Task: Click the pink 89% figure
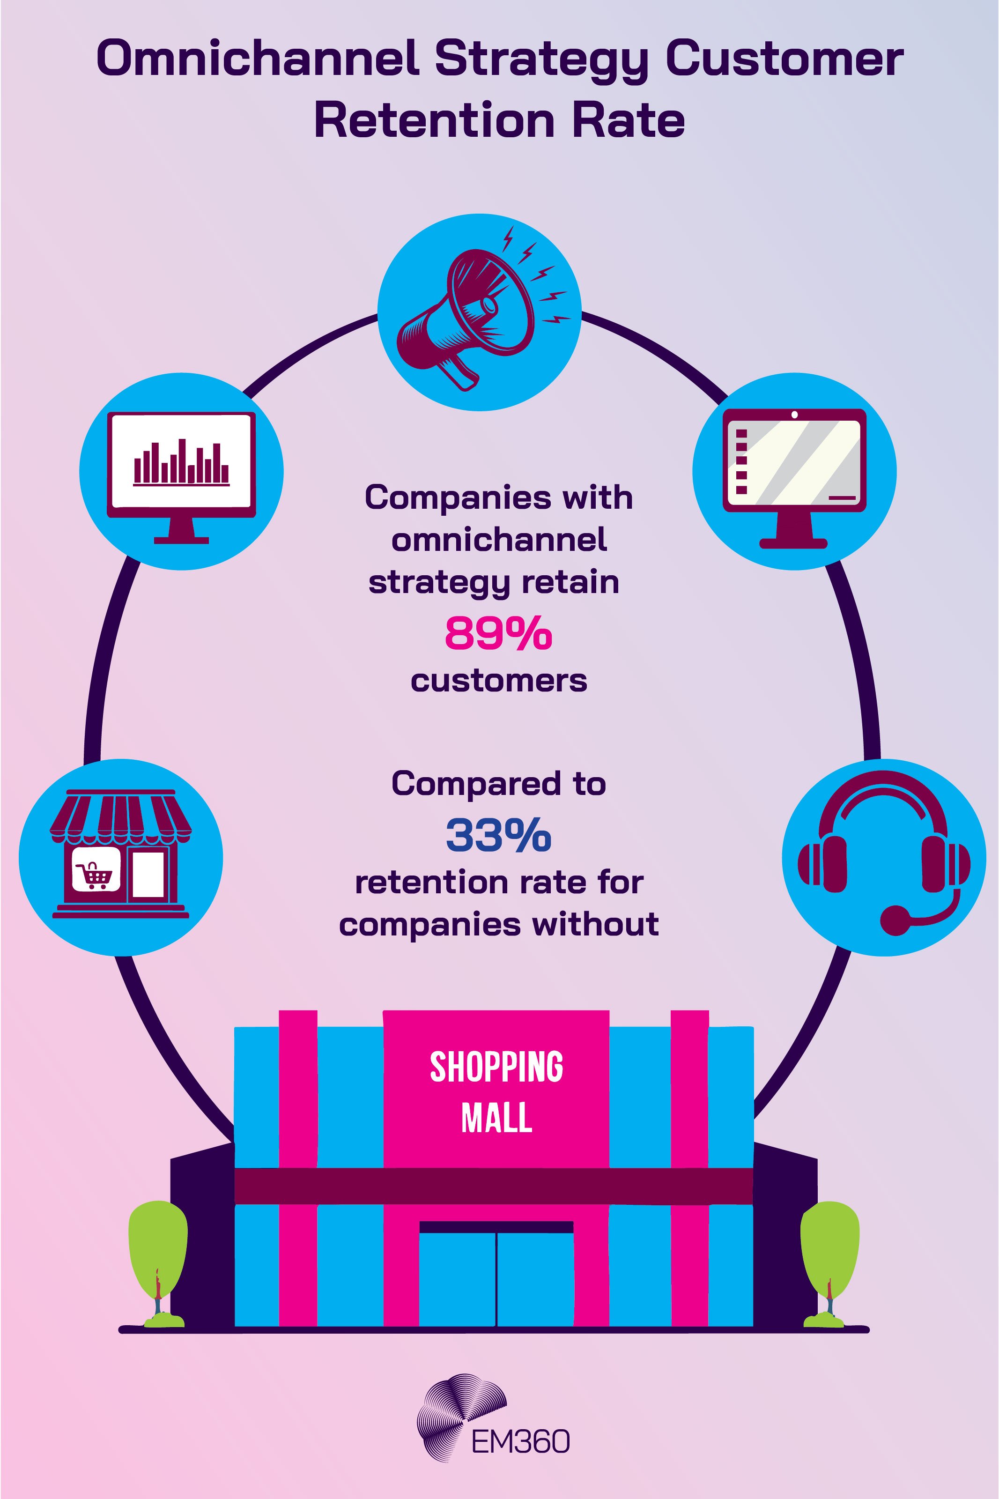(x=498, y=634)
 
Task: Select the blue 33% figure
(x=498, y=836)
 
